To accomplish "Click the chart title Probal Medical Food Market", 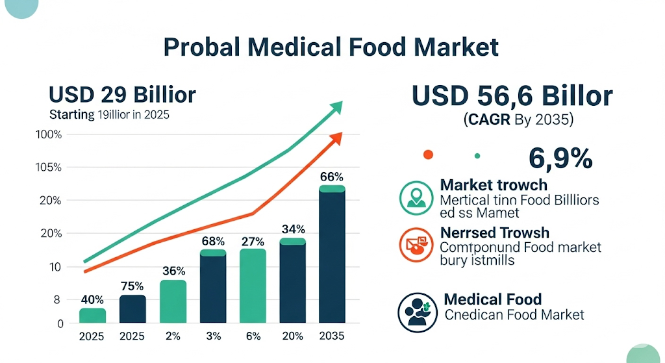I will (331, 48).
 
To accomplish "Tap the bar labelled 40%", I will (92, 316).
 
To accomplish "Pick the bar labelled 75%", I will (132, 309).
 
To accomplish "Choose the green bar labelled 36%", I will (173, 301).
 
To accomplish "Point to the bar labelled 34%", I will (292, 281).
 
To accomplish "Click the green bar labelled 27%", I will (253, 286).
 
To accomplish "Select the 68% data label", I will (212, 242).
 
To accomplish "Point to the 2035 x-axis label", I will (332, 336).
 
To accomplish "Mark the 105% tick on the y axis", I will (49, 168).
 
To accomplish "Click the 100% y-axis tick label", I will (49, 134).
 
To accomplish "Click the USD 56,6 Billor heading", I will (512, 97).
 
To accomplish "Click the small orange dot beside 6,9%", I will (427, 155).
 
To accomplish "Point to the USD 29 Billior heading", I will (122, 95).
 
